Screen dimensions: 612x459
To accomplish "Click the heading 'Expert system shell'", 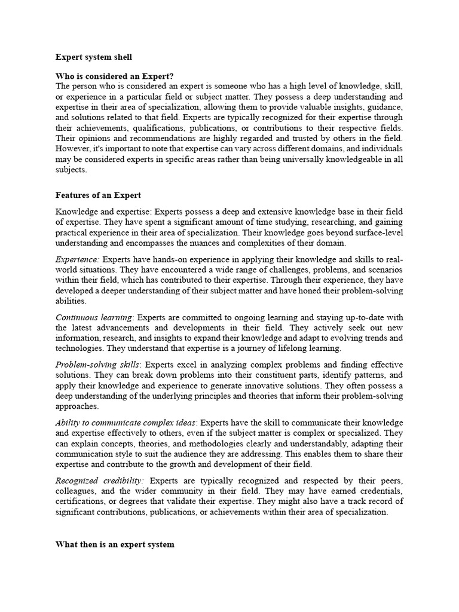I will tap(94, 57).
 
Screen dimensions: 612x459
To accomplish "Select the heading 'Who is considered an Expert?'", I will tap(114, 76).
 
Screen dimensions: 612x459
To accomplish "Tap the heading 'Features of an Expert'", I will tap(98, 195).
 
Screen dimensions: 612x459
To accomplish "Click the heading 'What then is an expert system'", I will tap(115, 544).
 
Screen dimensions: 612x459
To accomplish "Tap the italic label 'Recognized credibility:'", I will tap(99, 481).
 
